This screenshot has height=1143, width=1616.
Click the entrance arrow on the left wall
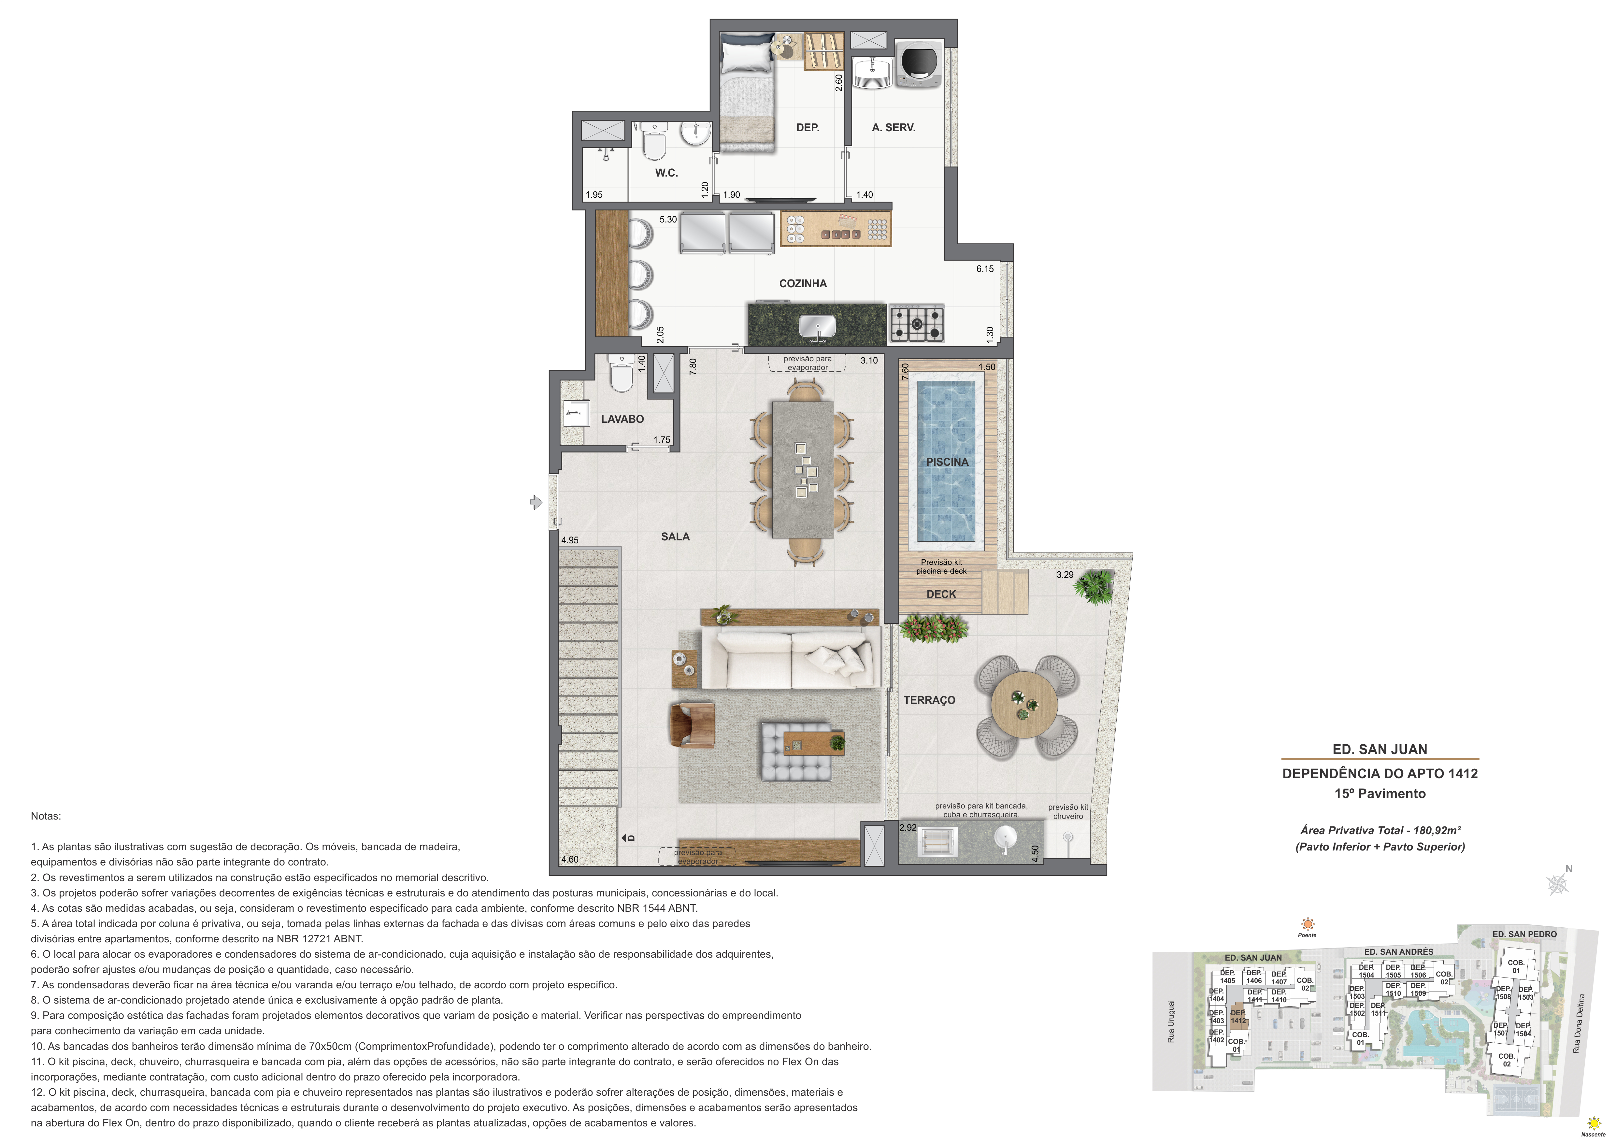tap(536, 502)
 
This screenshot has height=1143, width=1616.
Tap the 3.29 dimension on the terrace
tap(1065, 574)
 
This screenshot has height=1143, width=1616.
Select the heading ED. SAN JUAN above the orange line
tap(1380, 750)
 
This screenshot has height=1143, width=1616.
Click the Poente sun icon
tap(1307, 924)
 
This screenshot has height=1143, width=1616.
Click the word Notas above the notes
tap(46, 816)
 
